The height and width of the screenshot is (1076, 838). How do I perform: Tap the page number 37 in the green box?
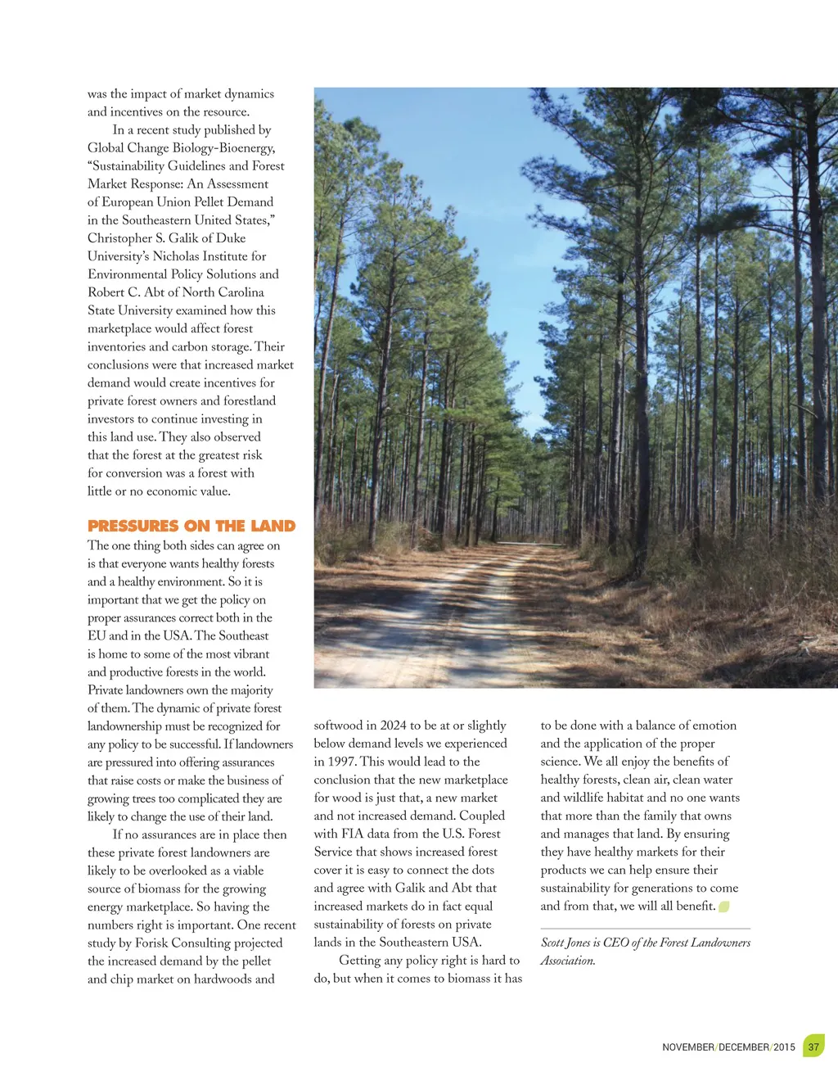813,1047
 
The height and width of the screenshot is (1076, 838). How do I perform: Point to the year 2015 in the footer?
784,1047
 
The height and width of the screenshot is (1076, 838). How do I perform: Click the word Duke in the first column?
231,238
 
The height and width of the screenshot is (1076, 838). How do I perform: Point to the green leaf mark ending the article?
724,906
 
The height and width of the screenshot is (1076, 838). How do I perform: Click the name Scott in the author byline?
553,943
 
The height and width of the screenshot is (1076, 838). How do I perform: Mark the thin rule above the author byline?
645,929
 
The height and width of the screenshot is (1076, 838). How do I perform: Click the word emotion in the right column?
713,726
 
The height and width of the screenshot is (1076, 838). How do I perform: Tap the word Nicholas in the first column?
178,256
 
